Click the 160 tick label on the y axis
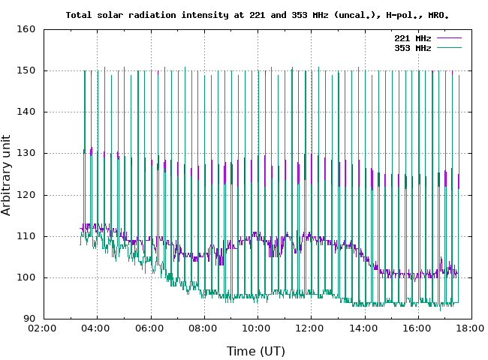(27, 29)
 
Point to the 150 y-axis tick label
(27, 70)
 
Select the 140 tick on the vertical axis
(27, 112)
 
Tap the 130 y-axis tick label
(27, 153)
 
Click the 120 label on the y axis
(27, 195)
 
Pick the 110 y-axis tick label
(27, 236)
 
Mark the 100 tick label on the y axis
(27, 277)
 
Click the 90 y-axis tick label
(30, 319)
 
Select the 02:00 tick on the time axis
(43, 328)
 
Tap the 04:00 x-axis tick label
(97, 328)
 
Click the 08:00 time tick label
(203, 328)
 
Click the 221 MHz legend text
(412, 37)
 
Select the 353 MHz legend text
(412, 47)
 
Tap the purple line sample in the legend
(447, 37)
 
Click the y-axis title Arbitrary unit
(7, 175)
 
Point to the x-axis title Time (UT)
(256, 350)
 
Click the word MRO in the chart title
(438, 14)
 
